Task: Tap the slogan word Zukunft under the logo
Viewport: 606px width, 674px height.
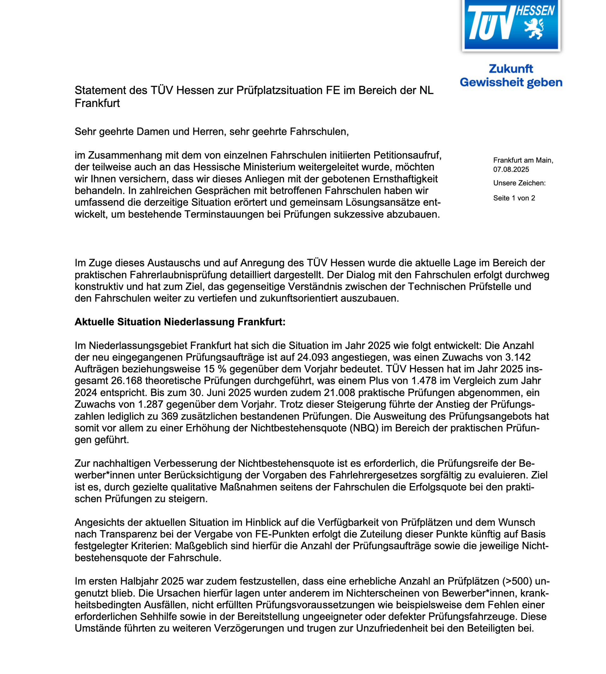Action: [511, 69]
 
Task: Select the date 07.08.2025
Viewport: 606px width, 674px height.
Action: [511, 169]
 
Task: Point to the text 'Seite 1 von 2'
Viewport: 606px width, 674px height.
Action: [514, 198]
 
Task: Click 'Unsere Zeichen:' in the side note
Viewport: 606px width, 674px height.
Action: [520, 183]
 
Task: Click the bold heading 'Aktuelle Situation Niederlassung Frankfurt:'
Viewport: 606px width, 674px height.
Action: [180, 322]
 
